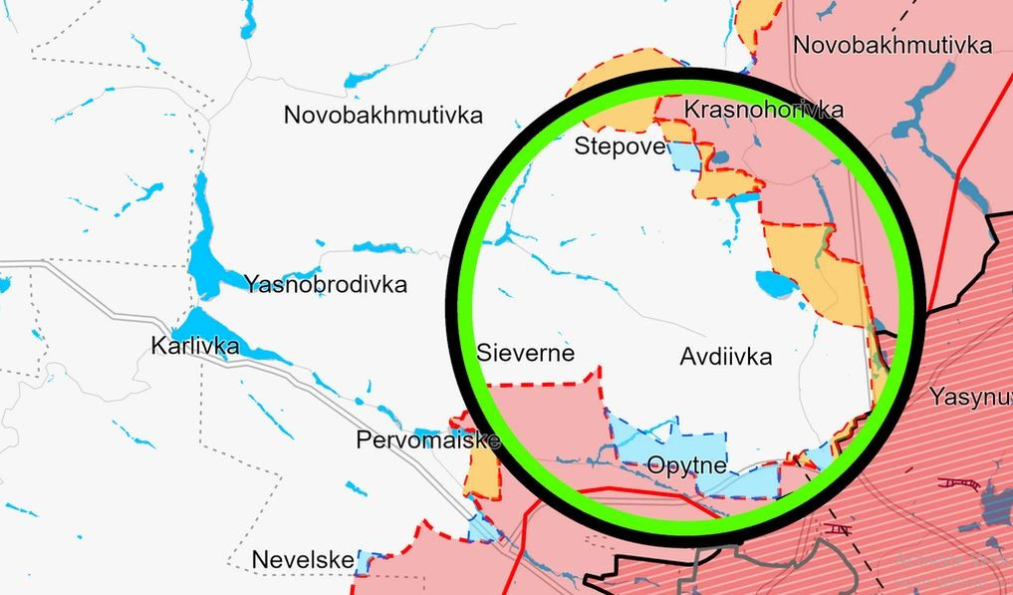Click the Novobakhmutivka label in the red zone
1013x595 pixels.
892,45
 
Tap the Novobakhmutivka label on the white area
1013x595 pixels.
383,115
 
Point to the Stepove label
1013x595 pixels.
620,148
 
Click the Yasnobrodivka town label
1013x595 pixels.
326,285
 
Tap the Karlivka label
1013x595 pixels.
195,346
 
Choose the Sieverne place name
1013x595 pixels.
526,353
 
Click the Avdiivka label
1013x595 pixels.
726,356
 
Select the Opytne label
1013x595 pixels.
686,465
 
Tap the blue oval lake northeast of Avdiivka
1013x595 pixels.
775,286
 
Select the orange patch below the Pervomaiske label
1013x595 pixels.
482,475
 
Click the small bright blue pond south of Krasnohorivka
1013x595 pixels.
742,199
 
